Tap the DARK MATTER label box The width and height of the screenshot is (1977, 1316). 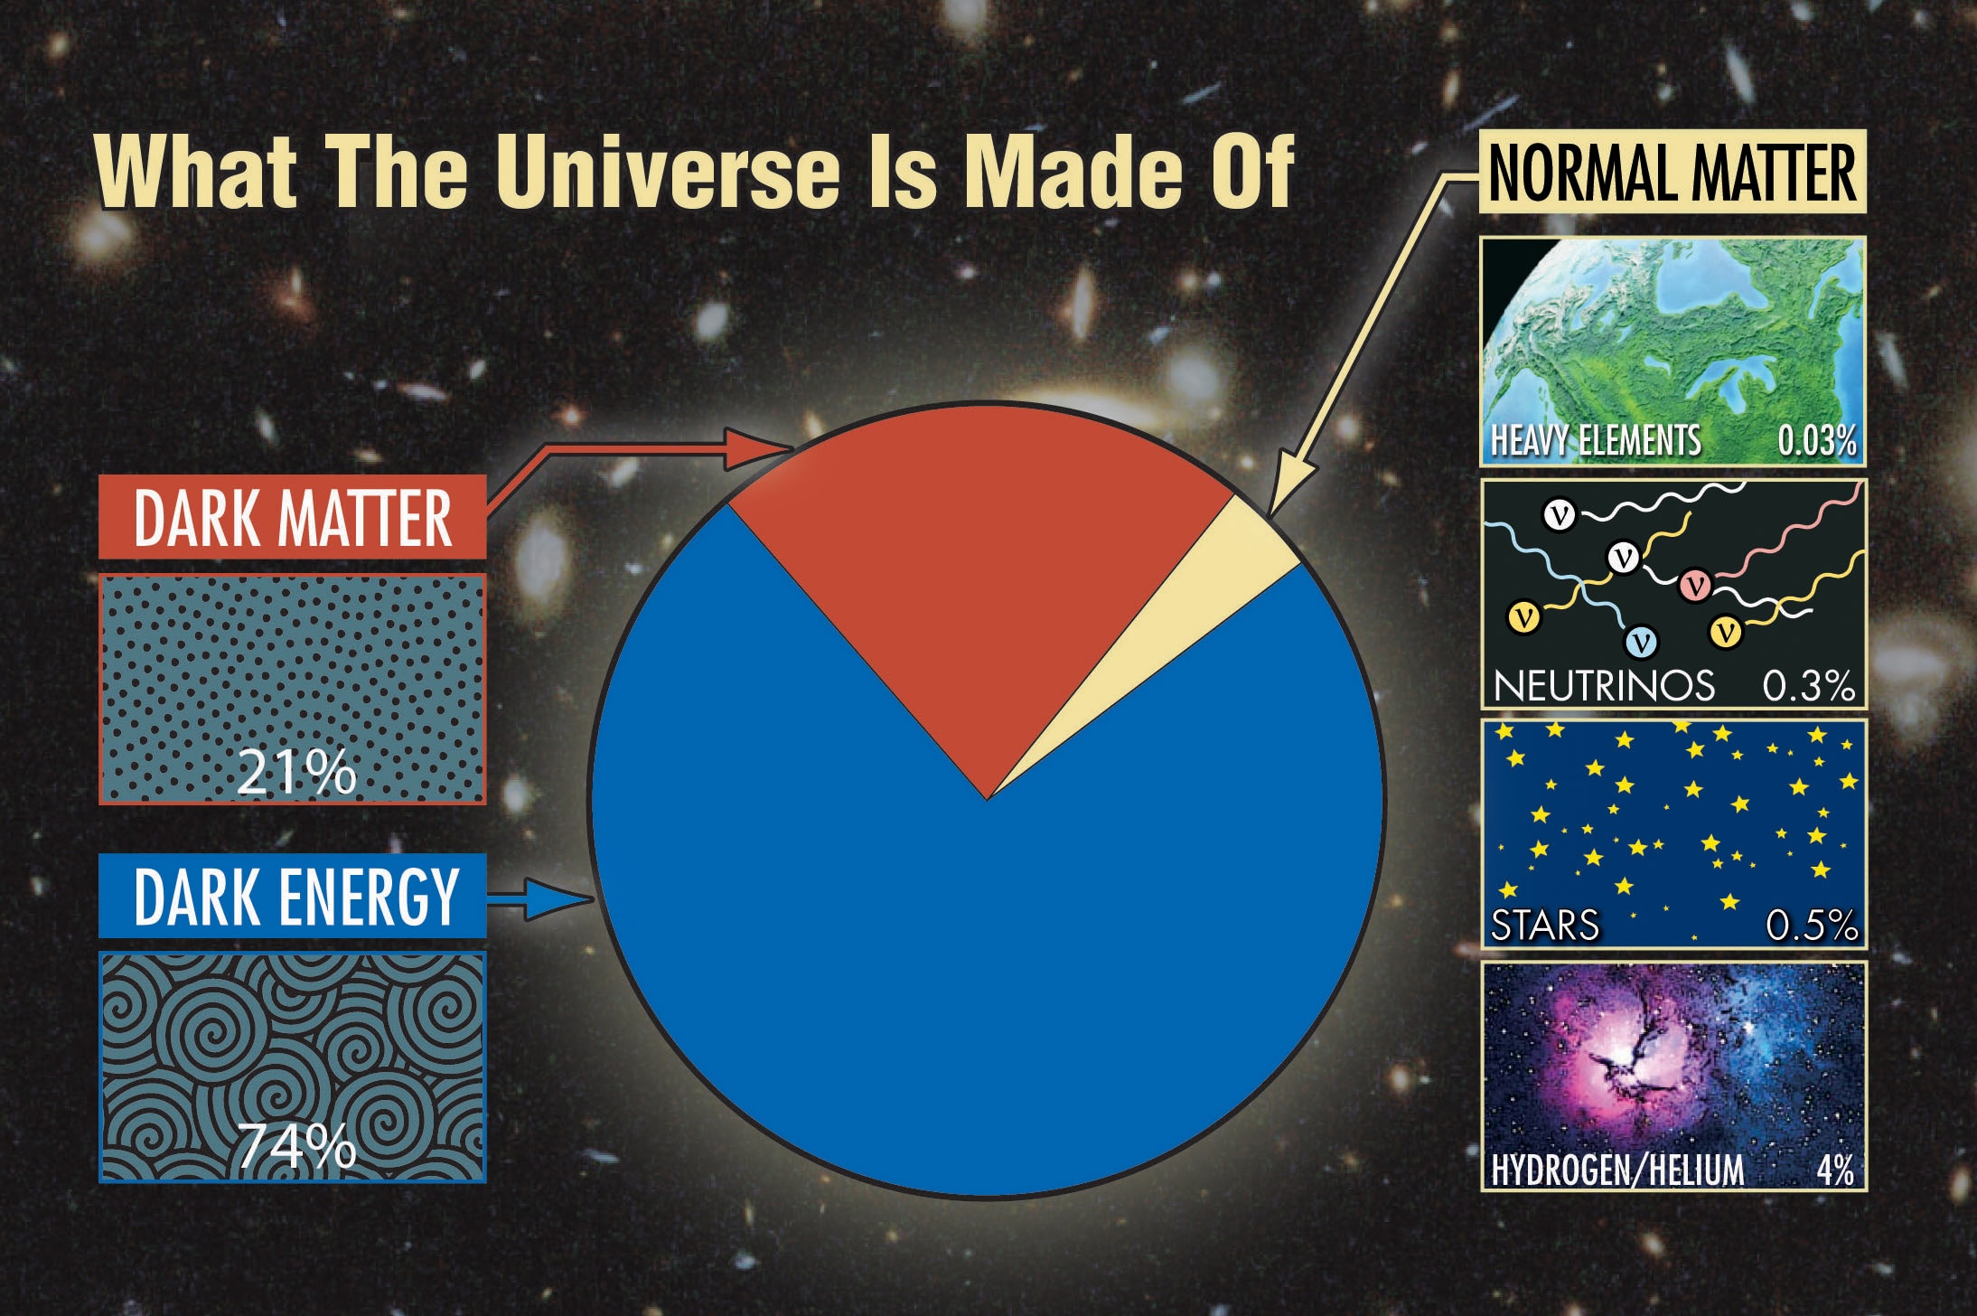(292, 518)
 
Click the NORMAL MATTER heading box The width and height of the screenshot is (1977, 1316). (1672, 174)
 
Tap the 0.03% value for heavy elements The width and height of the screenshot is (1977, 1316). (1816, 441)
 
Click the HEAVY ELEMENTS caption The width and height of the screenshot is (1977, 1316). (1596, 441)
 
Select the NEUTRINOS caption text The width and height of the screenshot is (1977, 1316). (1604, 686)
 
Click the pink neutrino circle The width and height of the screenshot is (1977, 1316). (1696, 585)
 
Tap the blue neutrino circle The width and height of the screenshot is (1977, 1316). (1641, 642)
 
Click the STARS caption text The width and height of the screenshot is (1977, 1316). (1545, 926)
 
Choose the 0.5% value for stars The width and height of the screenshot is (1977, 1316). (1811, 926)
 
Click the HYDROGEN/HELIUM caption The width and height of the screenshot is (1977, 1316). (1617, 1170)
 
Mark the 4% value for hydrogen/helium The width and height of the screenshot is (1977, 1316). (1835, 1170)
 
